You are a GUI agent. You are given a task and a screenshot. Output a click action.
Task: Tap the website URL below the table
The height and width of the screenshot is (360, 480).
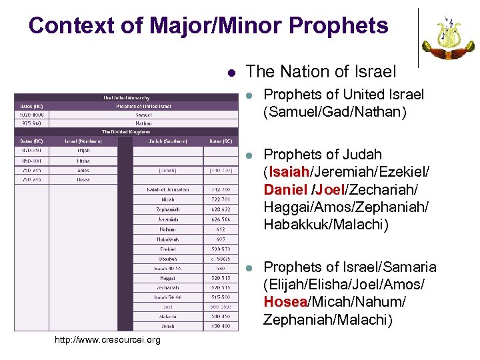pyautogui.click(x=107, y=340)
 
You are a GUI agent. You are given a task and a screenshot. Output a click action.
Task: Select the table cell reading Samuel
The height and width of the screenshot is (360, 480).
pyautogui.click(x=143, y=115)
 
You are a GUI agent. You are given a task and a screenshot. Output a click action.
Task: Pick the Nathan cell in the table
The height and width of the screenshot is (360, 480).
pyautogui.click(x=143, y=123)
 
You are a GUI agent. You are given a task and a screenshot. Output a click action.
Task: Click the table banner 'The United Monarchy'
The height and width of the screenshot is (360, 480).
pyautogui.click(x=126, y=98)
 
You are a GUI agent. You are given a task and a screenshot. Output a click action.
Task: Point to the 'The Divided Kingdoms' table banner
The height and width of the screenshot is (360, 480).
pyautogui.click(x=126, y=131)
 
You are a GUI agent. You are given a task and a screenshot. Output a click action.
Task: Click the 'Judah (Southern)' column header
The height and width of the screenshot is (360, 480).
pyautogui.click(x=168, y=141)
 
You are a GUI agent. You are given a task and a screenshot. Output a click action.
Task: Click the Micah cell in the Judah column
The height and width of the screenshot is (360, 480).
pyautogui.click(x=168, y=199)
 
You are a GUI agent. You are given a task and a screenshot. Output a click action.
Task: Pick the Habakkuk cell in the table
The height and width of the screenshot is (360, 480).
pyautogui.click(x=168, y=239)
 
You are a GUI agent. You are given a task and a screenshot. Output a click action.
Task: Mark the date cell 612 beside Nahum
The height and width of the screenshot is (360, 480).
pyautogui.click(x=219, y=229)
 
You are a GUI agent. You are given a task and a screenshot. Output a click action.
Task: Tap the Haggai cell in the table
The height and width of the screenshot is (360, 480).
pyautogui.click(x=168, y=278)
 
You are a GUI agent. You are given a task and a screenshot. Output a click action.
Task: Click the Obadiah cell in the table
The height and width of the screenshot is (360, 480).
pyautogui.click(x=168, y=258)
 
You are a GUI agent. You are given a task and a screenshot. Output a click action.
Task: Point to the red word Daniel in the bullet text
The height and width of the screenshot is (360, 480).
pyautogui.click(x=286, y=191)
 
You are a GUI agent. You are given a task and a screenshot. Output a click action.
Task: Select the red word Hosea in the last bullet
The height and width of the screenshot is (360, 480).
pyautogui.click(x=284, y=302)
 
